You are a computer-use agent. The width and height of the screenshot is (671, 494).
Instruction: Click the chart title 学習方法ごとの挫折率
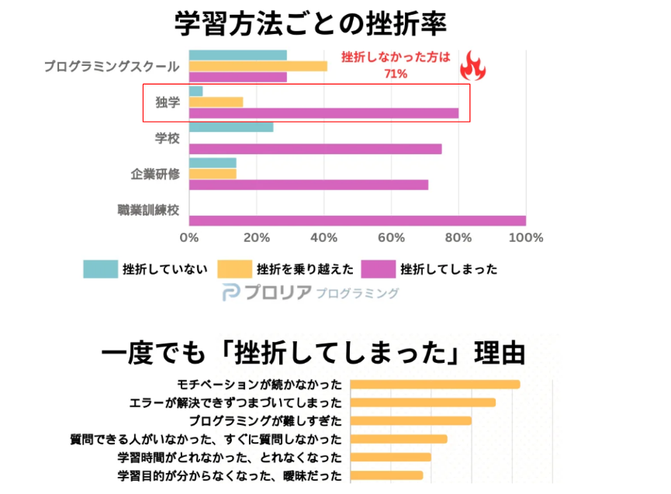coord(310,23)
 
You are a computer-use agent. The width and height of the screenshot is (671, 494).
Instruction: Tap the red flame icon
coord(472,67)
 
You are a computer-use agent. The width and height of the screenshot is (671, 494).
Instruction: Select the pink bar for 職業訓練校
coord(357,221)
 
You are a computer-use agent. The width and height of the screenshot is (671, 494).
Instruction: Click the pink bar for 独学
coord(323,113)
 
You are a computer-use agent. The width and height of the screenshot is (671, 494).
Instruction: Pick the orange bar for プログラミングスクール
coord(258,66)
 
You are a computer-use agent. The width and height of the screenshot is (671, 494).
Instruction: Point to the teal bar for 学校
coord(231,126)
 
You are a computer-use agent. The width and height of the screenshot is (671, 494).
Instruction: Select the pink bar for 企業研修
coord(308,185)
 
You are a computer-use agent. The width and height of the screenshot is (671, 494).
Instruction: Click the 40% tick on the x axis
coord(323,237)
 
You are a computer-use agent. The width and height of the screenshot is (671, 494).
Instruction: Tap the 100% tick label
coord(525,237)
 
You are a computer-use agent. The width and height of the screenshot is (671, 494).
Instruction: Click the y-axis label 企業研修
coord(155,174)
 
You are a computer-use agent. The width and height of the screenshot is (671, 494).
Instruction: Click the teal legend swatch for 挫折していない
coord(100,269)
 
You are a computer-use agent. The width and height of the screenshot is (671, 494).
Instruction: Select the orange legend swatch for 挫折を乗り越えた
coord(234,269)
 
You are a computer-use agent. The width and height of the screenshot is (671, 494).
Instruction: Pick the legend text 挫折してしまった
coord(448,269)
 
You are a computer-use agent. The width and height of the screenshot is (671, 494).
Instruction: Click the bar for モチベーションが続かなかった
coord(434,384)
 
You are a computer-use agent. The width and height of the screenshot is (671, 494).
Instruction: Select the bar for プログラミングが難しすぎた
coord(410,420)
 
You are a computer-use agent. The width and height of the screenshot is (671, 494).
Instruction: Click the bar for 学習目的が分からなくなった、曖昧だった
coord(386,475)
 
